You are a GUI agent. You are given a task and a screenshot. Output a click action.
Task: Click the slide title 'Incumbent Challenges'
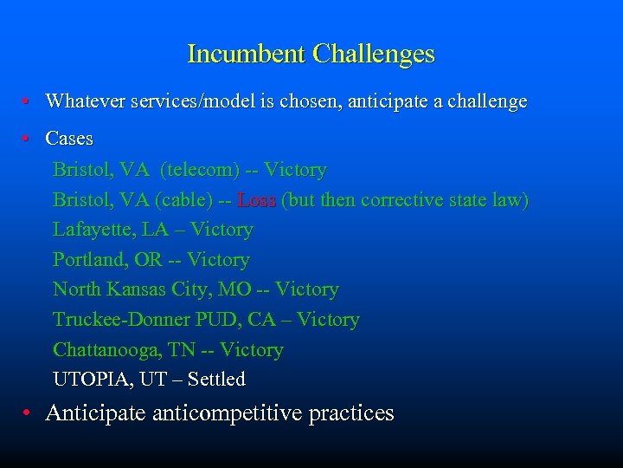311,55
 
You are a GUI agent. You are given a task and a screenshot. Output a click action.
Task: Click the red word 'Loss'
256,200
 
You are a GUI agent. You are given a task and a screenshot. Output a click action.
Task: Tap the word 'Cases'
69,139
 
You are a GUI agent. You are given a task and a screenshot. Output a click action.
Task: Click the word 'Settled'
216,380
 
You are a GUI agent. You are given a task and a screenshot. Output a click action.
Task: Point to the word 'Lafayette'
89,231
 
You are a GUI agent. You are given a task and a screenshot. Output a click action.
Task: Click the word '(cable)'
183,200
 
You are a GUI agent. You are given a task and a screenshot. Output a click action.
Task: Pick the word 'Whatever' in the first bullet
85,101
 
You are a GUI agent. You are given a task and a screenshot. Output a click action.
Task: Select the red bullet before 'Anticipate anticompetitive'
29,413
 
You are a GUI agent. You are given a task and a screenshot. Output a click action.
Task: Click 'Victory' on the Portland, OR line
218,260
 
